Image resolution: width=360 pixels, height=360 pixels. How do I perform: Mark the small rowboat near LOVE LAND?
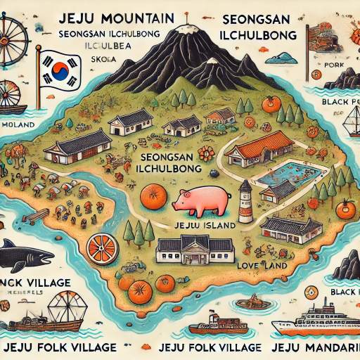coord(250,302)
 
